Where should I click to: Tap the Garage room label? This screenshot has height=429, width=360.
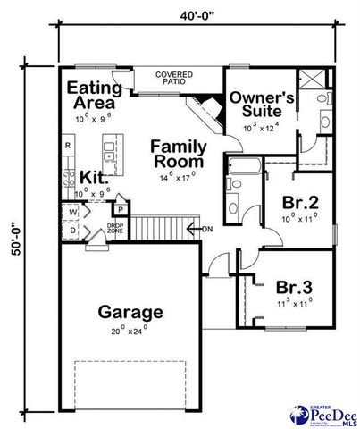tap(130, 312)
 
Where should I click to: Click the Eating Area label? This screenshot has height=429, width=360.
tap(93, 96)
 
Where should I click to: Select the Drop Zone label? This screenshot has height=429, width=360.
tap(115, 228)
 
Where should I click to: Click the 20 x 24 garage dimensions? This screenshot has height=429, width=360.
tap(130, 331)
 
